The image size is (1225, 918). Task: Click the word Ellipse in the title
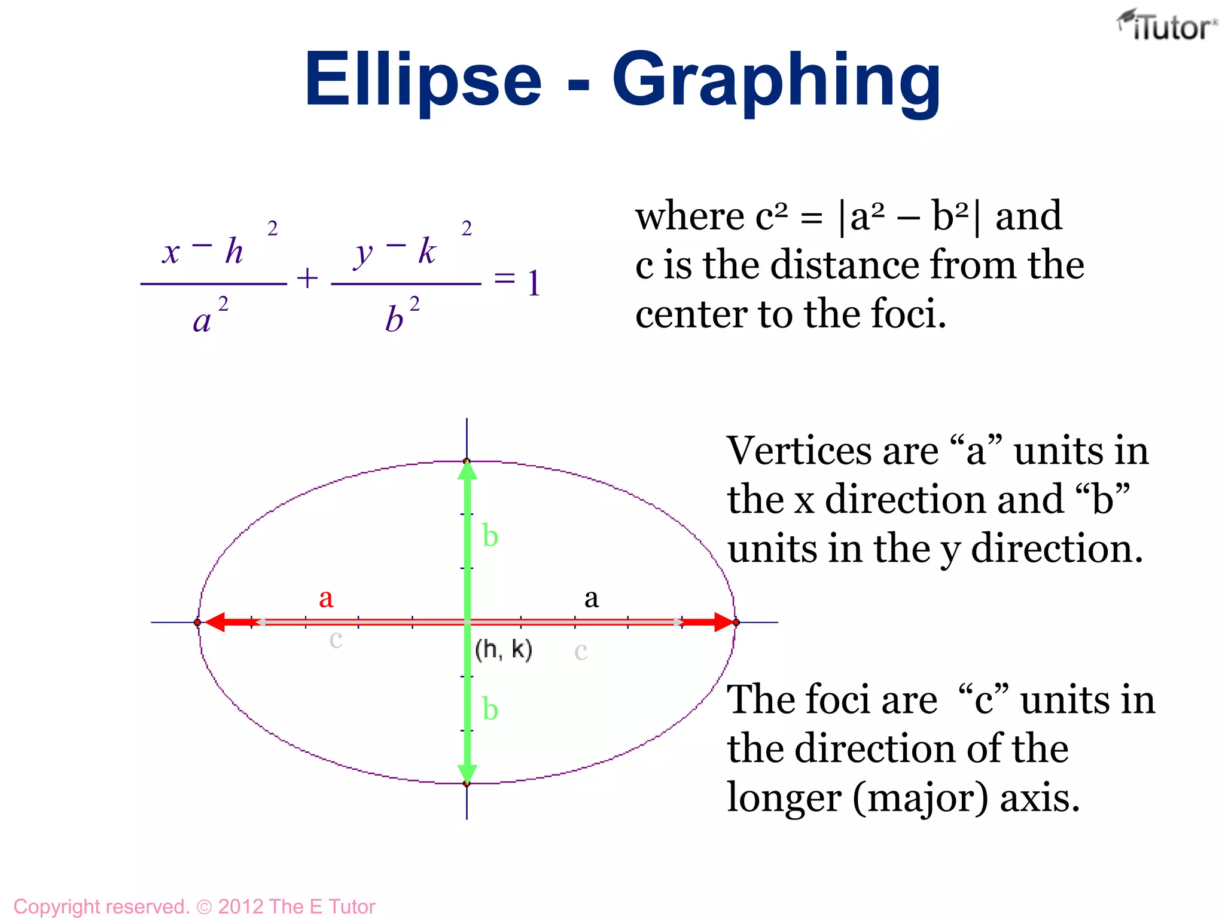pyautogui.click(x=423, y=79)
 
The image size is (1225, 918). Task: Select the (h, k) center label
pyautogui.click(x=503, y=649)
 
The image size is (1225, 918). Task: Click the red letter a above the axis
pyautogui.click(x=326, y=598)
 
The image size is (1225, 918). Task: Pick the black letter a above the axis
pyautogui.click(x=591, y=598)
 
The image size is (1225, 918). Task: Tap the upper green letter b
pyautogui.click(x=490, y=535)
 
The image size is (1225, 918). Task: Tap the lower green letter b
pyautogui.click(x=490, y=709)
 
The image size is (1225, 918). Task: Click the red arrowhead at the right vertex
pyautogui.click(x=723, y=622)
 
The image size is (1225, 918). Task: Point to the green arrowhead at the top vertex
pyautogui.click(x=467, y=470)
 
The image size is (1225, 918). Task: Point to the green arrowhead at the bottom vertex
pyautogui.click(x=467, y=773)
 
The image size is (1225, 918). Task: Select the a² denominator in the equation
pyautogui.click(x=210, y=317)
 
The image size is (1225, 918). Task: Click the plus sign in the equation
pyautogui.click(x=307, y=279)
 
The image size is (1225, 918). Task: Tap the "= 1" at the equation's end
pyautogui.click(x=517, y=281)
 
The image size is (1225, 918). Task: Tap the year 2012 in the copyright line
pyautogui.click(x=240, y=907)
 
